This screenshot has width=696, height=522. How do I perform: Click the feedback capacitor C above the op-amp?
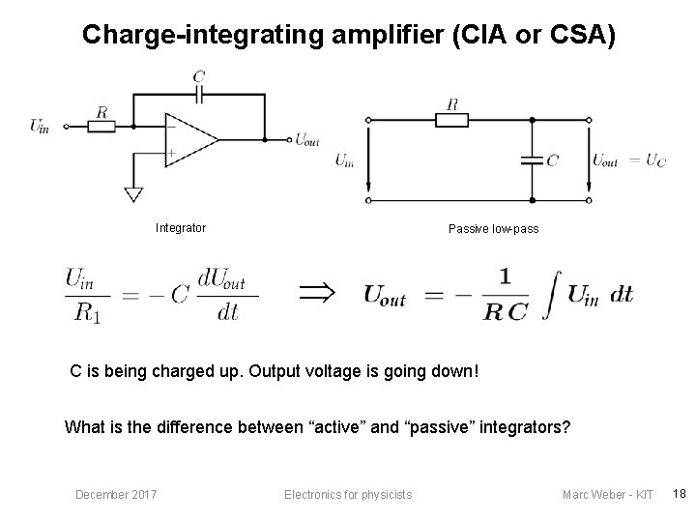200,93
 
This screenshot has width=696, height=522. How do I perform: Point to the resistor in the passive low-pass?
452,119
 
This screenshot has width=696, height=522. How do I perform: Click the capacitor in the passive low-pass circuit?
530,159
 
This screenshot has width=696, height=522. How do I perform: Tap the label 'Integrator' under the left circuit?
181,228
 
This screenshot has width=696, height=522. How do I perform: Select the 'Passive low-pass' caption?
493,229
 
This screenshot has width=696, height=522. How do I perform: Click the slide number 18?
679,494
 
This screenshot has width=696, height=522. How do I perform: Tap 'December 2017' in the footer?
117,495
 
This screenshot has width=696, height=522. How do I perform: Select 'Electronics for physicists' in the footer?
348,495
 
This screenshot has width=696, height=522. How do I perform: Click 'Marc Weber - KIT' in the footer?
608,495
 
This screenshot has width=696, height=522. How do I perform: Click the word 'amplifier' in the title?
371,35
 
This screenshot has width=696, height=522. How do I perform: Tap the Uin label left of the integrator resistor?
42,126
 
